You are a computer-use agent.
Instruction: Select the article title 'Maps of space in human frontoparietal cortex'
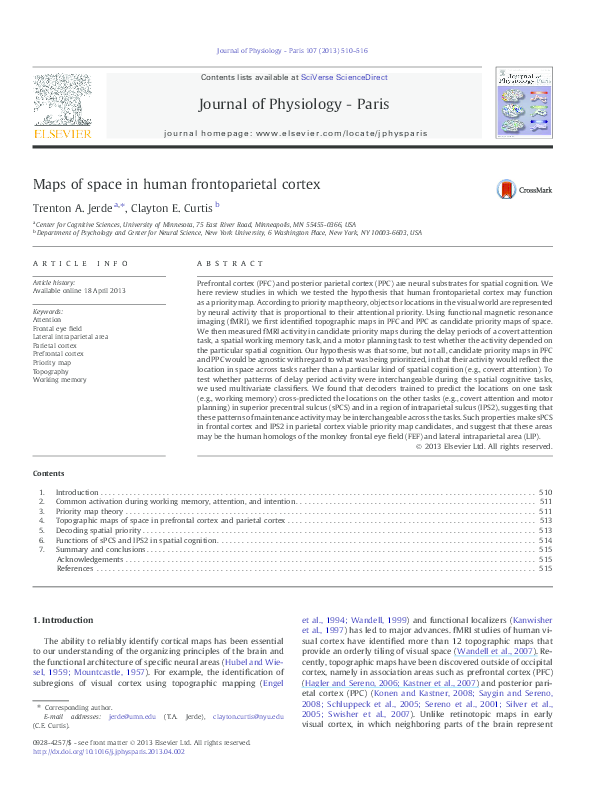(x=177, y=184)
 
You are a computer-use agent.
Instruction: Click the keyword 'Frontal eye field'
(x=58, y=327)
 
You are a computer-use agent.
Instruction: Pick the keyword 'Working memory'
(x=59, y=380)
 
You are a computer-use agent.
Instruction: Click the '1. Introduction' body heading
(x=66, y=621)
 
